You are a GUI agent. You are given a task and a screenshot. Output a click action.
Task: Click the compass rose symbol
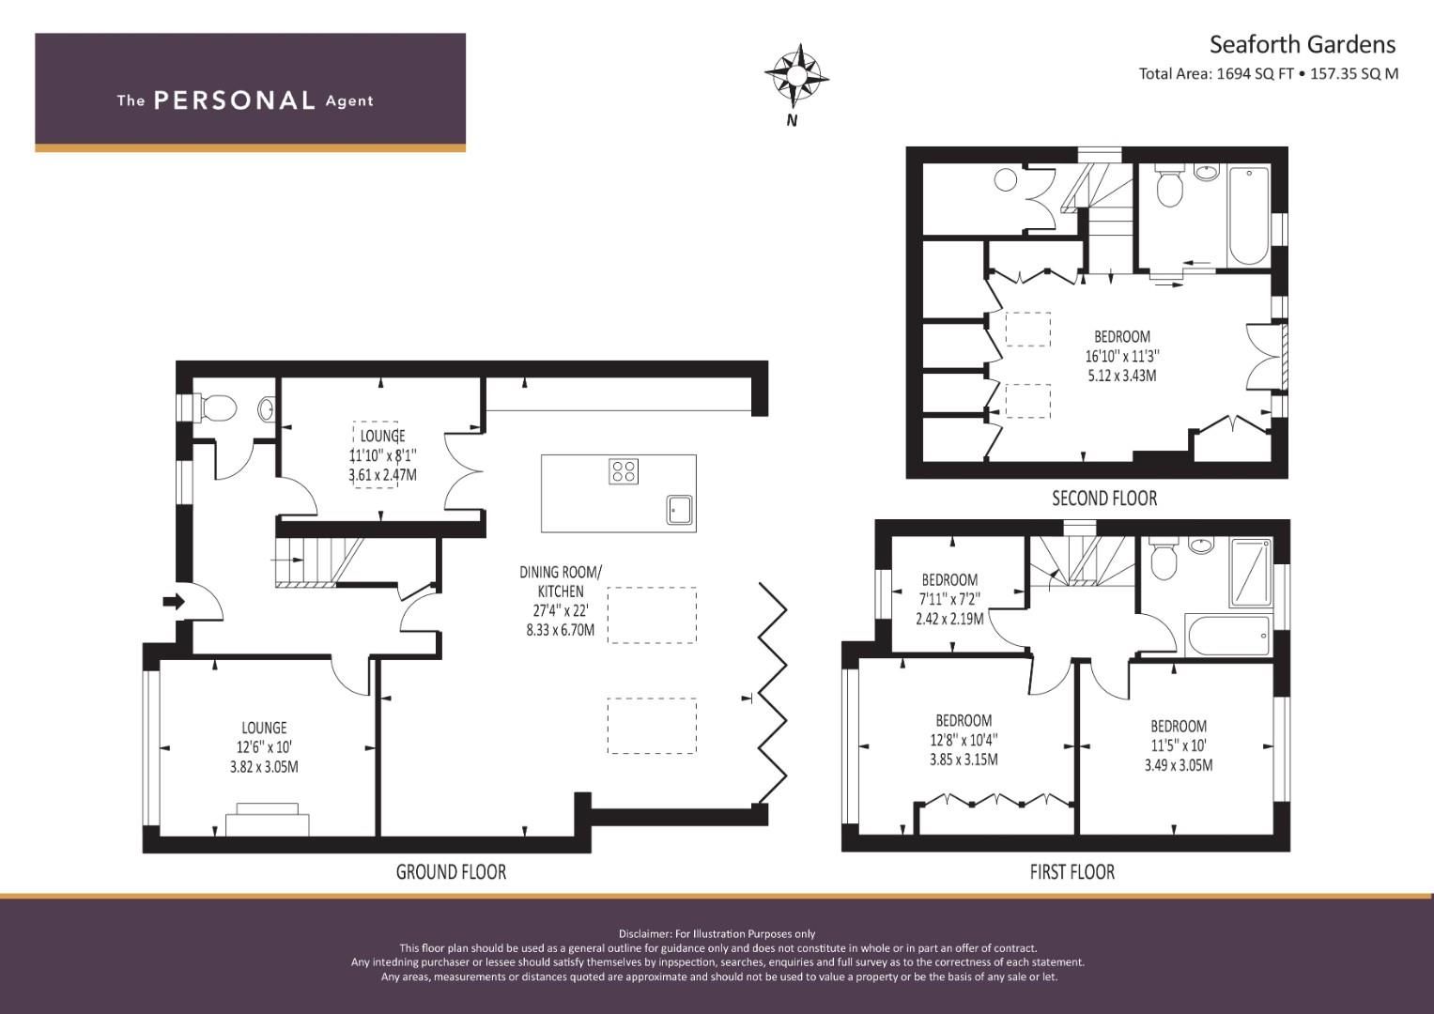pyautogui.click(x=795, y=74)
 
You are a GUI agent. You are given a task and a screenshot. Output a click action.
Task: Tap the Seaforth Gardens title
pyautogui.click(x=1302, y=44)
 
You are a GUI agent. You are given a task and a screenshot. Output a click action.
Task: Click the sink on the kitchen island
pyautogui.click(x=679, y=508)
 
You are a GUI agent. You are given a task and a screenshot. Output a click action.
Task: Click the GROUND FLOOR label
pyautogui.click(x=451, y=872)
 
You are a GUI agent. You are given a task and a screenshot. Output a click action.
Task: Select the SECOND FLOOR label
pyautogui.click(x=1104, y=499)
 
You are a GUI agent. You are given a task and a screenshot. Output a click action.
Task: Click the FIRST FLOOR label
pyautogui.click(x=1072, y=872)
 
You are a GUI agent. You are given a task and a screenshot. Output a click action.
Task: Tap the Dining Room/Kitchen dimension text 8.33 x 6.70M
pyautogui.click(x=560, y=630)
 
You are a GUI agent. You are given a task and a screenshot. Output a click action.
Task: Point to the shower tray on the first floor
pyautogui.click(x=1250, y=573)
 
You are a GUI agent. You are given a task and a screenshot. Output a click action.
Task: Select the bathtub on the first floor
pyautogui.click(x=1227, y=635)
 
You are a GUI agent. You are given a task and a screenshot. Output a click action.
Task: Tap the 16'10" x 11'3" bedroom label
pyautogui.click(x=1122, y=356)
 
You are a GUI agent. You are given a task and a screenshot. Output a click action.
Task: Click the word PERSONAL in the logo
pyautogui.click(x=234, y=100)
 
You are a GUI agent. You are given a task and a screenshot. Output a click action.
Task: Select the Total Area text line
pyautogui.click(x=1268, y=73)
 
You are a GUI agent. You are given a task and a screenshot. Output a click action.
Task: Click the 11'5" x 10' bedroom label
pyautogui.click(x=1179, y=745)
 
